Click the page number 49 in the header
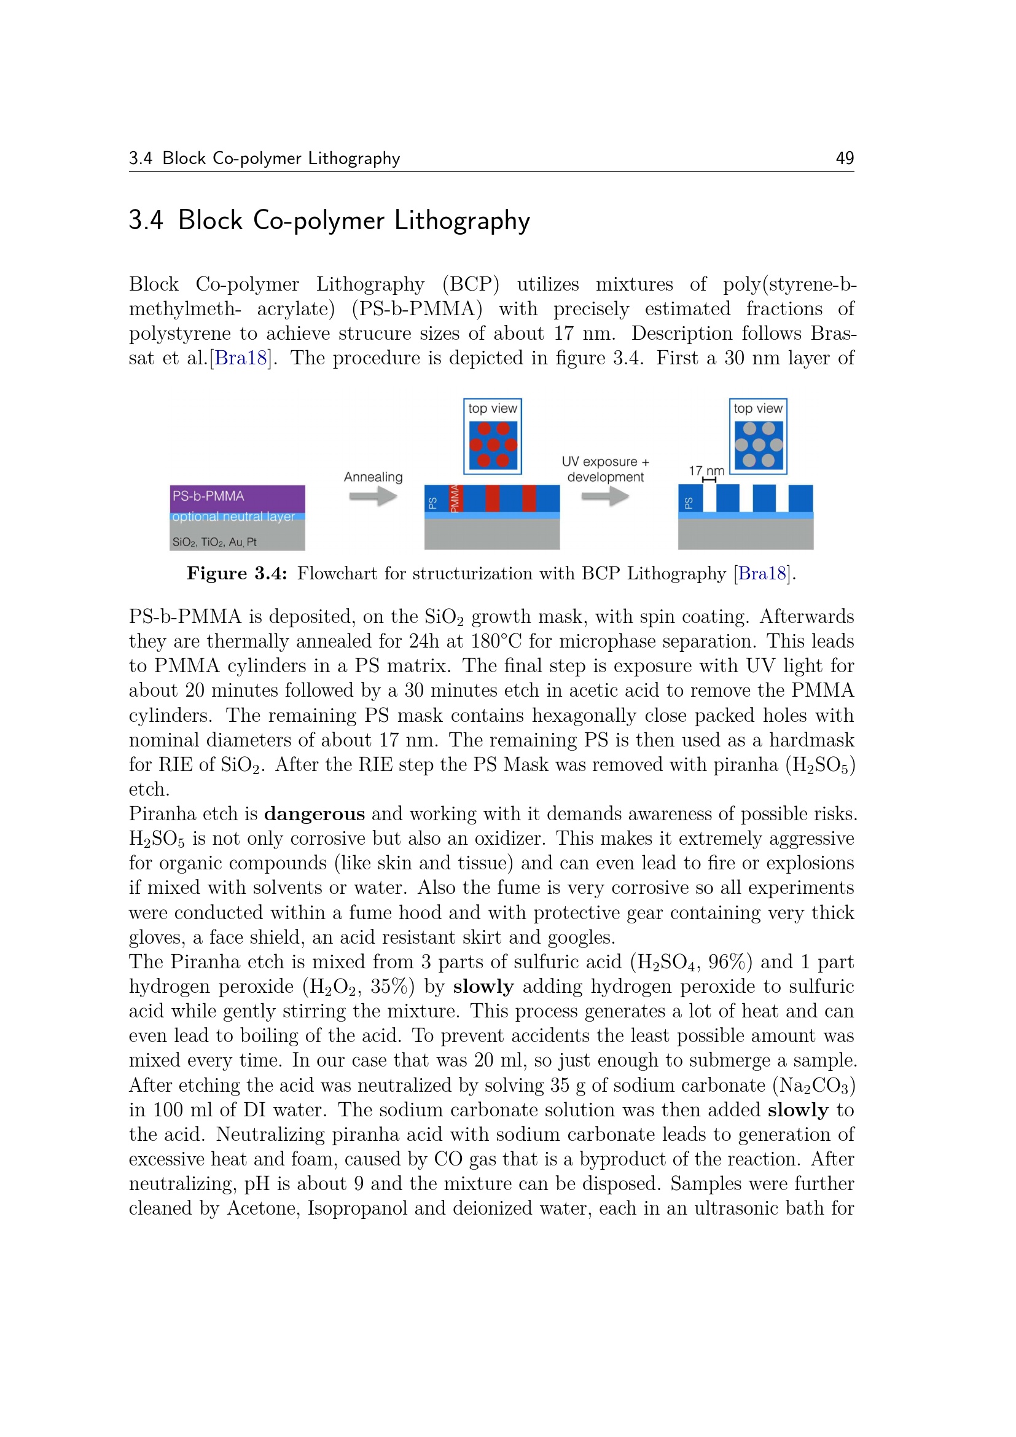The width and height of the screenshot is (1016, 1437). (x=844, y=158)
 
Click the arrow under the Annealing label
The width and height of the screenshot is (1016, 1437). (x=373, y=497)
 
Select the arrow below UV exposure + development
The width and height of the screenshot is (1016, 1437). (x=604, y=497)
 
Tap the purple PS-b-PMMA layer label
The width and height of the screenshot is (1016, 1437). (x=208, y=496)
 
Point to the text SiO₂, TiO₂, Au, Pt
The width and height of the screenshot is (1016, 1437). (x=214, y=542)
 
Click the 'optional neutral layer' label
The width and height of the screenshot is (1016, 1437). (x=233, y=517)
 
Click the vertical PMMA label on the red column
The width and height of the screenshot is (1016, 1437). (x=455, y=498)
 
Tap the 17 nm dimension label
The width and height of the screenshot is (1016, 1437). (x=706, y=471)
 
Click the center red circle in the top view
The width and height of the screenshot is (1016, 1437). (x=493, y=445)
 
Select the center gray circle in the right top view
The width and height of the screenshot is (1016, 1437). (x=758, y=445)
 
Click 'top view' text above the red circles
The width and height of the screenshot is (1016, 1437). (x=493, y=409)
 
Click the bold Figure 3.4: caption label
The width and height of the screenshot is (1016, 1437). (x=236, y=574)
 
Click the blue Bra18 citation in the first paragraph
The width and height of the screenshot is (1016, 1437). (x=240, y=358)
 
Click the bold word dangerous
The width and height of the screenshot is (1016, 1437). (x=314, y=813)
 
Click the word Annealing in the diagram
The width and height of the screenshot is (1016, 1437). (x=373, y=477)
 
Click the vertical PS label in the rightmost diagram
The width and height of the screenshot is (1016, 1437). (x=688, y=503)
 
